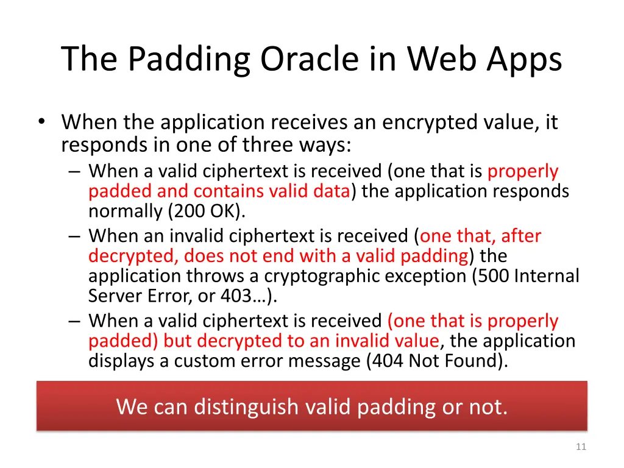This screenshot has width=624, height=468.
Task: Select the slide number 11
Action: pyautogui.click(x=580, y=447)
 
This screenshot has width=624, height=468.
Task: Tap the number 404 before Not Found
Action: pyautogui.click(x=387, y=361)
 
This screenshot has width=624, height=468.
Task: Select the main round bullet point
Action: pyautogui.click(x=40, y=122)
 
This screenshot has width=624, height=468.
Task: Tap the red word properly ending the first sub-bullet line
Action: pyautogui.click(x=523, y=172)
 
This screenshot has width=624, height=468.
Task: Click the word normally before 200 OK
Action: pyautogui.click(x=125, y=212)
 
